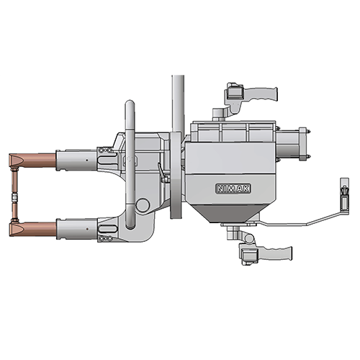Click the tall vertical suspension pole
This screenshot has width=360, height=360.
[x=176, y=101]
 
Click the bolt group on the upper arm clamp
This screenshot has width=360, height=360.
[x=107, y=150]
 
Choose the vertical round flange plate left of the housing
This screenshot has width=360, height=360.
[x=174, y=176]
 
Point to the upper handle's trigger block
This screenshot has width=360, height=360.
[x=234, y=93]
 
